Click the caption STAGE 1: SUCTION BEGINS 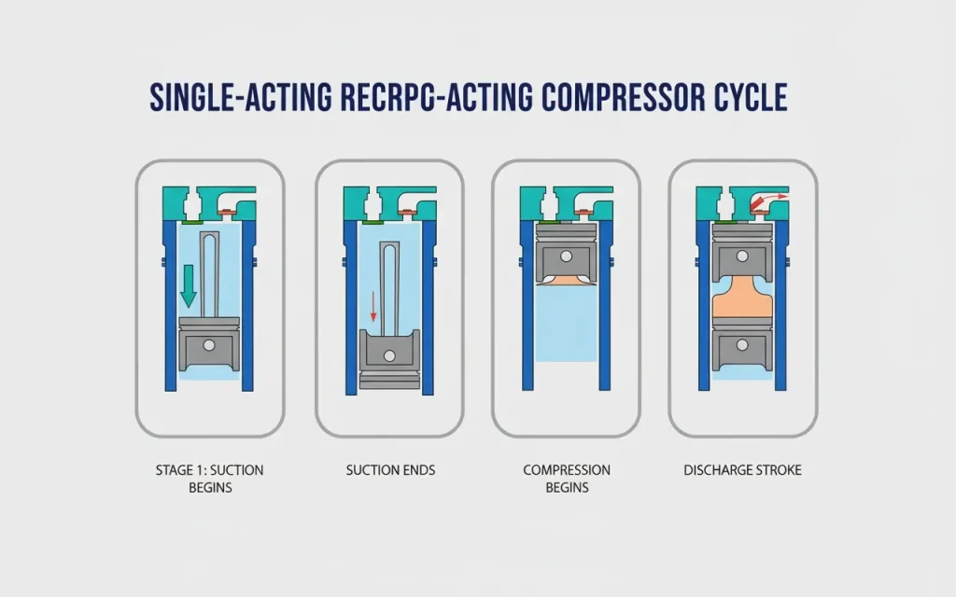pyautogui.click(x=209, y=478)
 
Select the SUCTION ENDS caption pyautogui.click(x=389, y=470)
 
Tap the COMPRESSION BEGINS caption pyautogui.click(x=566, y=478)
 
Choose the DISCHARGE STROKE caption pyautogui.click(x=742, y=470)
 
